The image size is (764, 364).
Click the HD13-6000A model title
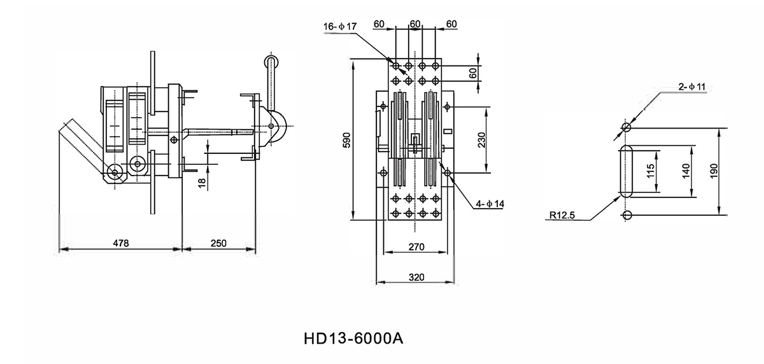tap(355, 338)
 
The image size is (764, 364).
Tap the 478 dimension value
tap(121, 243)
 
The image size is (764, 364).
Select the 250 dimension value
tap(218, 243)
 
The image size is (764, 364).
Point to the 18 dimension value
tap(202, 182)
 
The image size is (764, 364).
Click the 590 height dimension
tap(346, 141)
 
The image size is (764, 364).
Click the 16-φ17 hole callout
tap(341, 26)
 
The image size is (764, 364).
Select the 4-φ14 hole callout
tap(490, 204)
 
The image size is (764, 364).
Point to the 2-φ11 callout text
tap(691, 86)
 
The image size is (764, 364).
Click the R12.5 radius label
tap(561, 216)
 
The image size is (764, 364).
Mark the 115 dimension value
tap(651, 171)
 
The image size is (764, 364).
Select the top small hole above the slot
tap(626, 128)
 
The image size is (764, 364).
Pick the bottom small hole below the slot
tap(626, 215)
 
